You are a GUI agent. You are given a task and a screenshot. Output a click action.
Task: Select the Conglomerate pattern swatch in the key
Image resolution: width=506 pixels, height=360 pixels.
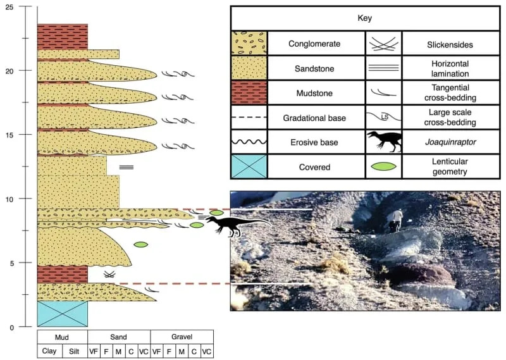coord(249,44)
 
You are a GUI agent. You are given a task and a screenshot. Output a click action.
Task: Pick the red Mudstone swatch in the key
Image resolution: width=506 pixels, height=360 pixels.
coord(249,93)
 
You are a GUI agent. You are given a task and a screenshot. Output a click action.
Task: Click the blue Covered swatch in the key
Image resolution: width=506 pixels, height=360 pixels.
coord(249,167)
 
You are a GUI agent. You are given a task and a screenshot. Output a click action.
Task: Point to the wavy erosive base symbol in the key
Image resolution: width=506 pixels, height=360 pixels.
coord(249,143)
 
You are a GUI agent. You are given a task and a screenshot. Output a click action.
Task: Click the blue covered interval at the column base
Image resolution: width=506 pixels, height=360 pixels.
coord(62,313)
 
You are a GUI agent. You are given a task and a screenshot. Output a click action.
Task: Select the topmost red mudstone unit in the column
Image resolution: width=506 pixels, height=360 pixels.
coord(62,36)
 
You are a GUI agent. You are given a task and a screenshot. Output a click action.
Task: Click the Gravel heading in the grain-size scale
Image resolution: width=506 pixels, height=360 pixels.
coord(182,337)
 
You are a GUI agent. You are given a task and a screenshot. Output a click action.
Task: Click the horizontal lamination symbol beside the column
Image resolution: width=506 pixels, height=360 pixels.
coord(126,167)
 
